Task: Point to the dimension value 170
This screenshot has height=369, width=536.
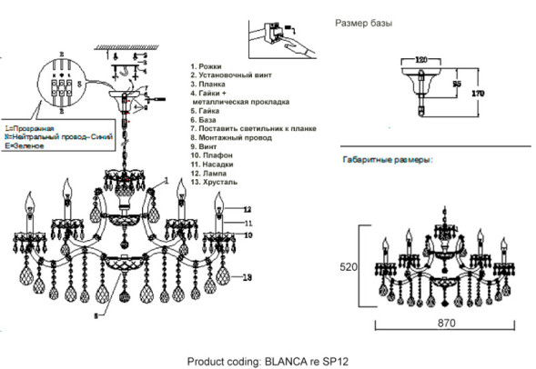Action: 474,92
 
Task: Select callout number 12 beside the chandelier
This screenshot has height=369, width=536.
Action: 247,209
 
